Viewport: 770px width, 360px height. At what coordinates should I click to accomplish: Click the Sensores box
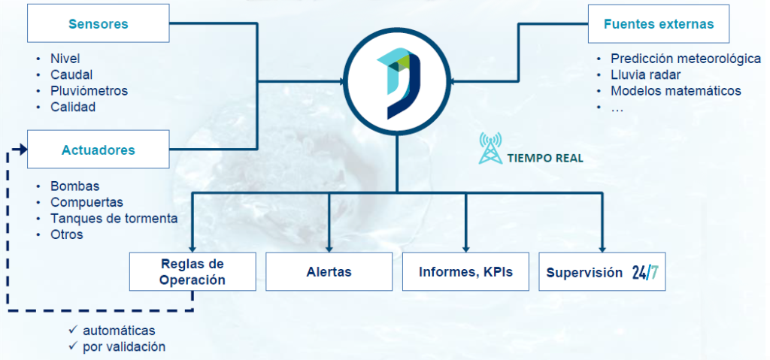98,24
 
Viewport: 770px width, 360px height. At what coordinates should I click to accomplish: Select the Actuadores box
98,150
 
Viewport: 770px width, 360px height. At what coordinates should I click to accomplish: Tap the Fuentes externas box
658,24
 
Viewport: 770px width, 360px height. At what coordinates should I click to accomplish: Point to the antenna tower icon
491,148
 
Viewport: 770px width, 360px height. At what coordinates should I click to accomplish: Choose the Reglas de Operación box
192,271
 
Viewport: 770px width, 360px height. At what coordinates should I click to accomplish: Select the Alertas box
329,271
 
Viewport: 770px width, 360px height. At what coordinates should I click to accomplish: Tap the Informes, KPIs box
465,271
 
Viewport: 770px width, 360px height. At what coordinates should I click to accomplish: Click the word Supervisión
584,272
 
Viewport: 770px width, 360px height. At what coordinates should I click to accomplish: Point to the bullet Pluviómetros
89,91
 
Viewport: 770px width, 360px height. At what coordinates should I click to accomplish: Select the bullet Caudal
71,75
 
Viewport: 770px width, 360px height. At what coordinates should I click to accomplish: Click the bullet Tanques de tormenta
114,218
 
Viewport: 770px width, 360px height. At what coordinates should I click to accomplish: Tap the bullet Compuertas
86,202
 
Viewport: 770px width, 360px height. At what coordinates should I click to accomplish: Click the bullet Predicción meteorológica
685,59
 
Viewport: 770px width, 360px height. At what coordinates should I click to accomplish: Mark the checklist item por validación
123,346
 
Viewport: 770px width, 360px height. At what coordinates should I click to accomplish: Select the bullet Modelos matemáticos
675,91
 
